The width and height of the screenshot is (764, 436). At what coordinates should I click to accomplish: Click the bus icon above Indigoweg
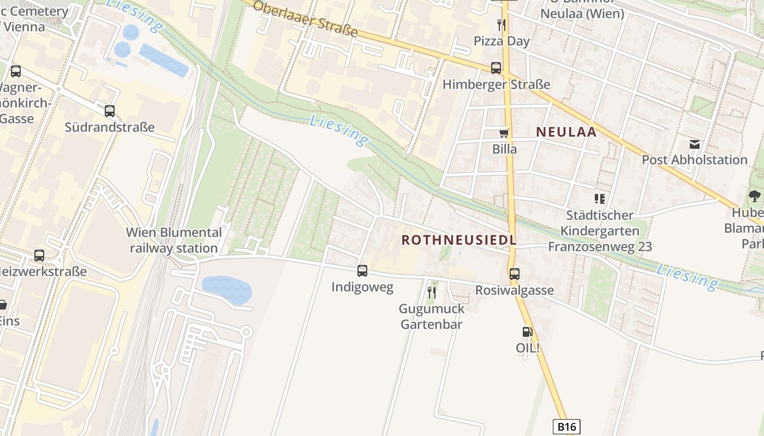pos(362,270)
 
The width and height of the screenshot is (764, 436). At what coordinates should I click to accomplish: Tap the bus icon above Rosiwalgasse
pos(514,274)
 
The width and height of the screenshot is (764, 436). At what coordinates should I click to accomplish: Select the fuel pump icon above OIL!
pos(527,331)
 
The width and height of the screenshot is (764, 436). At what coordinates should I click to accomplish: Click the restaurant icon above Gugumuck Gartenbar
pos(432,293)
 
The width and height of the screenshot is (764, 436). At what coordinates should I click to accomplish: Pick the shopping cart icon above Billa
pos(504,133)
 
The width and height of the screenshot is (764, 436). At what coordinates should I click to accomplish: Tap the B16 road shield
pos(566,426)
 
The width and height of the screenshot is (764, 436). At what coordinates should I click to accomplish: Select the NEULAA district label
pos(566,131)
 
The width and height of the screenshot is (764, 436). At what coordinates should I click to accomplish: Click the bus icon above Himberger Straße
pos(496,68)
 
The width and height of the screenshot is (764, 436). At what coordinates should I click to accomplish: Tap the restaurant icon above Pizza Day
pos(502,25)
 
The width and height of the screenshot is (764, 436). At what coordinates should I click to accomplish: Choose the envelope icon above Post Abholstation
pos(694,144)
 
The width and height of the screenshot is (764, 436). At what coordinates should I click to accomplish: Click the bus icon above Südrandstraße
pos(110,111)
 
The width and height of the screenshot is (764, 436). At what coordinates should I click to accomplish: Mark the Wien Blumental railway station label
pos(174,240)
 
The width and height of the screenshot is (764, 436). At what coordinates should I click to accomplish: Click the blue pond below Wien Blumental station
pos(226,289)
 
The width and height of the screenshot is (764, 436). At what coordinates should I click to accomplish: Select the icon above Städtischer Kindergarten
pos(600,199)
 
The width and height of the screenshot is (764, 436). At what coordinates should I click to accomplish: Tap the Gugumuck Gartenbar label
pos(432,317)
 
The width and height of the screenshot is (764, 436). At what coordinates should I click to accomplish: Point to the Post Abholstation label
pos(694,160)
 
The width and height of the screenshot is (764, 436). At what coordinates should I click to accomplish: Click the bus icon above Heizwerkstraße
pos(39,255)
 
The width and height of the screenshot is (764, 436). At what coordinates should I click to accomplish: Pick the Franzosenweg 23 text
pos(600,247)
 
